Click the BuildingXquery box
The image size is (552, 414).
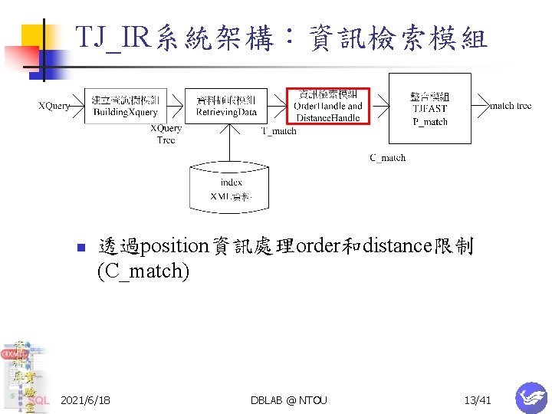pyautogui.click(x=125, y=106)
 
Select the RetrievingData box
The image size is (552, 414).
pyautogui.click(x=227, y=106)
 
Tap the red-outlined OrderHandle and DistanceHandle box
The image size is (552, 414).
pyautogui.click(x=328, y=105)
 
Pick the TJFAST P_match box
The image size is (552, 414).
pyautogui.click(x=429, y=107)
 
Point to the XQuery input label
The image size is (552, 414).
pyautogui.click(x=54, y=106)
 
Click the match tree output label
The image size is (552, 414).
pyautogui.click(x=510, y=106)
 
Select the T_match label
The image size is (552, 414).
pyautogui.click(x=278, y=131)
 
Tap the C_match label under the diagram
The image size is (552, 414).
pyautogui.click(x=387, y=158)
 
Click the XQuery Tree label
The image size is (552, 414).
pyautogui.click(x=166, y=134)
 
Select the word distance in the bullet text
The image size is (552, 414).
pyautogui.click(x=398, y=247)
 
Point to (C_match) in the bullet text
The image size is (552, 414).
pyautogui.click(x=143, y=271)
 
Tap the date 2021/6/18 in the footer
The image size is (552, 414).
pyautogui.click(x=85, y=400)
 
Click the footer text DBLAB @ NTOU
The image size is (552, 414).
pyautogui.click(x=288, y=400)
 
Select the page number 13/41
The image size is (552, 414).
pyautogui.click(x=477, y=400)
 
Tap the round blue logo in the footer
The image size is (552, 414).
pyautogui.click(x=531, y=398)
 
